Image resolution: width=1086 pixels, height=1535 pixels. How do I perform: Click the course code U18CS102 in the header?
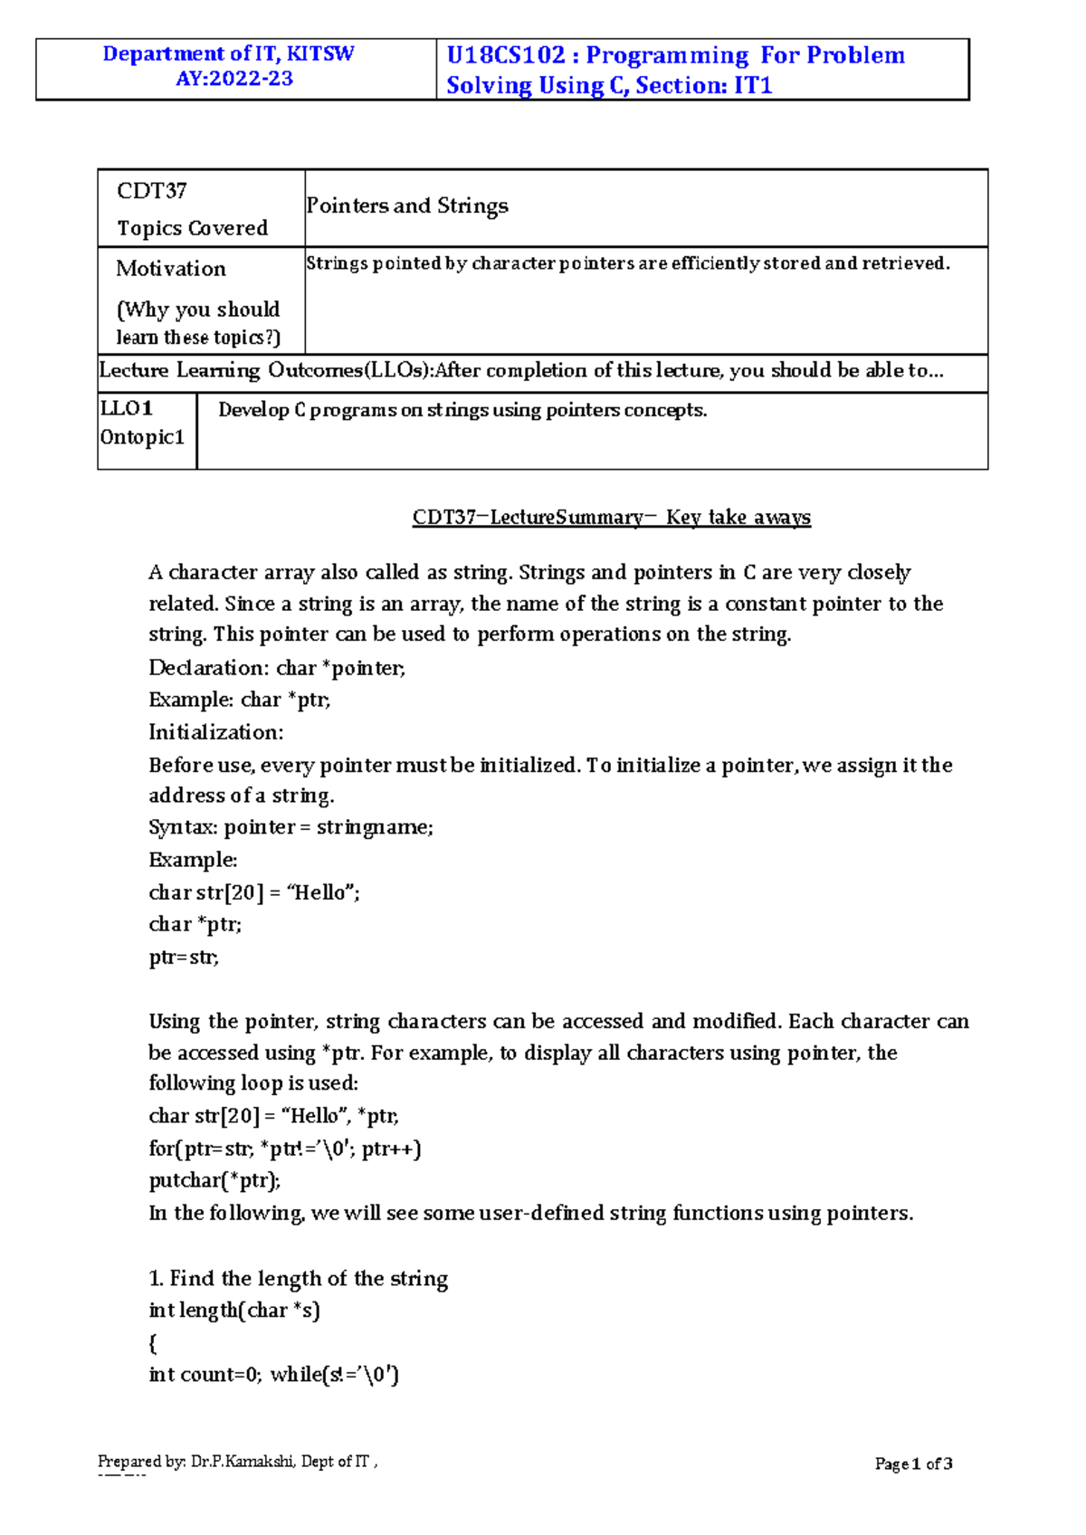[505, 55]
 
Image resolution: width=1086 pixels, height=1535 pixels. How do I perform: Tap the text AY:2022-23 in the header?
[234, 79]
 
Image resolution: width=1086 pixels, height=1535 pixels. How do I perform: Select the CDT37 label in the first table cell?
[151, 191]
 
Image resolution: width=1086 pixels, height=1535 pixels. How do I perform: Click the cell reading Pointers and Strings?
[407, 206]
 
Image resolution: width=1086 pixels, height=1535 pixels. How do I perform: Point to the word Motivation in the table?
[171, 269]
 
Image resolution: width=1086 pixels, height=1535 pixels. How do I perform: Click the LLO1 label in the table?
[127, 408]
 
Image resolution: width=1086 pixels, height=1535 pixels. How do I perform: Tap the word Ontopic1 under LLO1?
[142, 437]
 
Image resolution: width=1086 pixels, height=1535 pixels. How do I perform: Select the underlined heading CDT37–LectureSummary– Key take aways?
[611, 518]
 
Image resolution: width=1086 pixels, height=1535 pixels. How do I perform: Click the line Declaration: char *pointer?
[277, 668]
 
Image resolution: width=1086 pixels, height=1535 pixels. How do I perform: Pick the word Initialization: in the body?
[216, 732]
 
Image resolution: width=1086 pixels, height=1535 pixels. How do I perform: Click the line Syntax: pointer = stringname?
[291, 827]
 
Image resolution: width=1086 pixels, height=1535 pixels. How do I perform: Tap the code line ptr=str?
[184, 958]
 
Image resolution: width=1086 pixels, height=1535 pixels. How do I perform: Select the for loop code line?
[285, 1149]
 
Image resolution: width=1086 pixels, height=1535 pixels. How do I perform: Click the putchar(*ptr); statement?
[215, 1180]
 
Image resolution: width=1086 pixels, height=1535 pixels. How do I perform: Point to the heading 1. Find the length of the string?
[298, 1279]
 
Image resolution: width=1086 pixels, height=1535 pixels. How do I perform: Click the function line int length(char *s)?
[234, 1311]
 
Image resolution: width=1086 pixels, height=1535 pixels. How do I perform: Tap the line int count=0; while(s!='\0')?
[273, 1375]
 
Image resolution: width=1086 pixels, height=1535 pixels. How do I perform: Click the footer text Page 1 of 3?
[913, 1463]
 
